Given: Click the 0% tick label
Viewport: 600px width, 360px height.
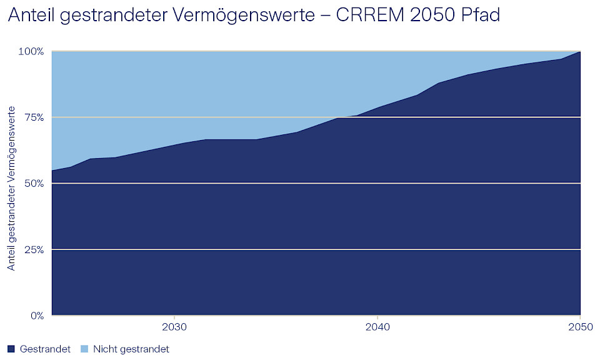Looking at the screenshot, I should (x=37, y=316).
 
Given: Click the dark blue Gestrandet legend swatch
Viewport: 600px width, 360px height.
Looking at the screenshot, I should (x=12, y=349).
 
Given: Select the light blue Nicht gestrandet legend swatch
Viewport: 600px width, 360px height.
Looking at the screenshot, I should (x=84, y=349).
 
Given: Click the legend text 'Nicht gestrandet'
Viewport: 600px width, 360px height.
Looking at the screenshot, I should (x=131, y=349).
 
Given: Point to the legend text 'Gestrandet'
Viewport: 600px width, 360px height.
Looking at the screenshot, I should (x=45, y=349).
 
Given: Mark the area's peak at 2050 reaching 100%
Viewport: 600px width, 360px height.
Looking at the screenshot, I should (x=581, y=52).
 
